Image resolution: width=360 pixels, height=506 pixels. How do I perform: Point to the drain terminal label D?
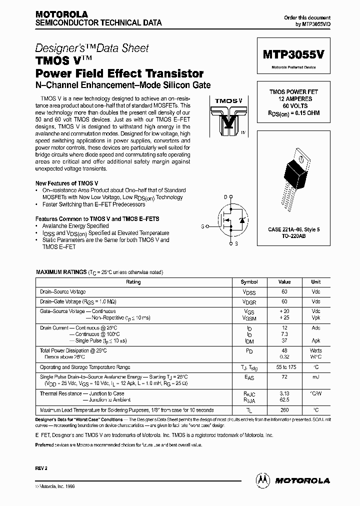point(225,197)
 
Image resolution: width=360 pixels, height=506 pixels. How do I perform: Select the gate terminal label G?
point(202,226)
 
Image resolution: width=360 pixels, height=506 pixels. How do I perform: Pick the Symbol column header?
point(249,282)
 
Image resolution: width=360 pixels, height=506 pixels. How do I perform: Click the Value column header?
point(284,282)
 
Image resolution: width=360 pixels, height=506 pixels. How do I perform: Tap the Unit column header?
point(315,282)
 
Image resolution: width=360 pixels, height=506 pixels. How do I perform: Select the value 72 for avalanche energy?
point(284,376)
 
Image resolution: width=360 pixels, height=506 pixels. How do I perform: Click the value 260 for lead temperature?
point(284,409)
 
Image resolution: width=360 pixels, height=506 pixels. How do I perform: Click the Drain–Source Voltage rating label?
point(63,291)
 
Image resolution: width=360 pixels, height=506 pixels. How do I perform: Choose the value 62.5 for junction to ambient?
point(284,400)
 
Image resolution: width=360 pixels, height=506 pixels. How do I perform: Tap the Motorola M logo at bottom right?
point(262,480)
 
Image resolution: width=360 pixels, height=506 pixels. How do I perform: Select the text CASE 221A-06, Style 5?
point(294,229)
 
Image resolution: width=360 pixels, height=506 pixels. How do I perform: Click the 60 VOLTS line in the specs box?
point(294,106)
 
